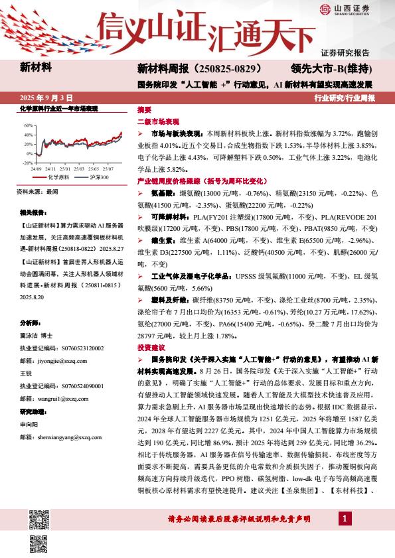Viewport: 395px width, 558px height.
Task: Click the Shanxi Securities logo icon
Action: pos(324,9)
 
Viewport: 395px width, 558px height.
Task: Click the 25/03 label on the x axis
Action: pos(78,170)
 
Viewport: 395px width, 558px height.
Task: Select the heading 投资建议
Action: pos(149,348)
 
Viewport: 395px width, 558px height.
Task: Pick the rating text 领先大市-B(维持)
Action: pos(331,68)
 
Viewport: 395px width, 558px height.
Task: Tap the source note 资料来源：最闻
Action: pos(39,192)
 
